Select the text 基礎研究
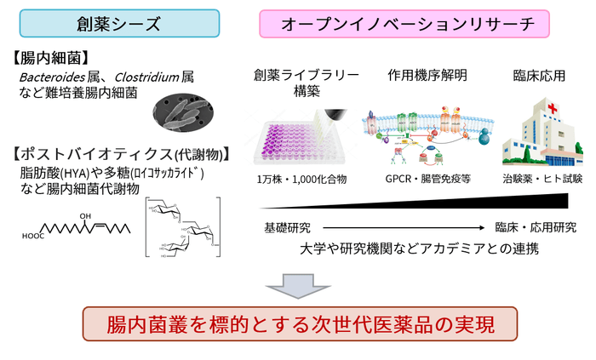tap(288, 228)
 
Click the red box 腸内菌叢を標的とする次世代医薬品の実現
tap(299, 325)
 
